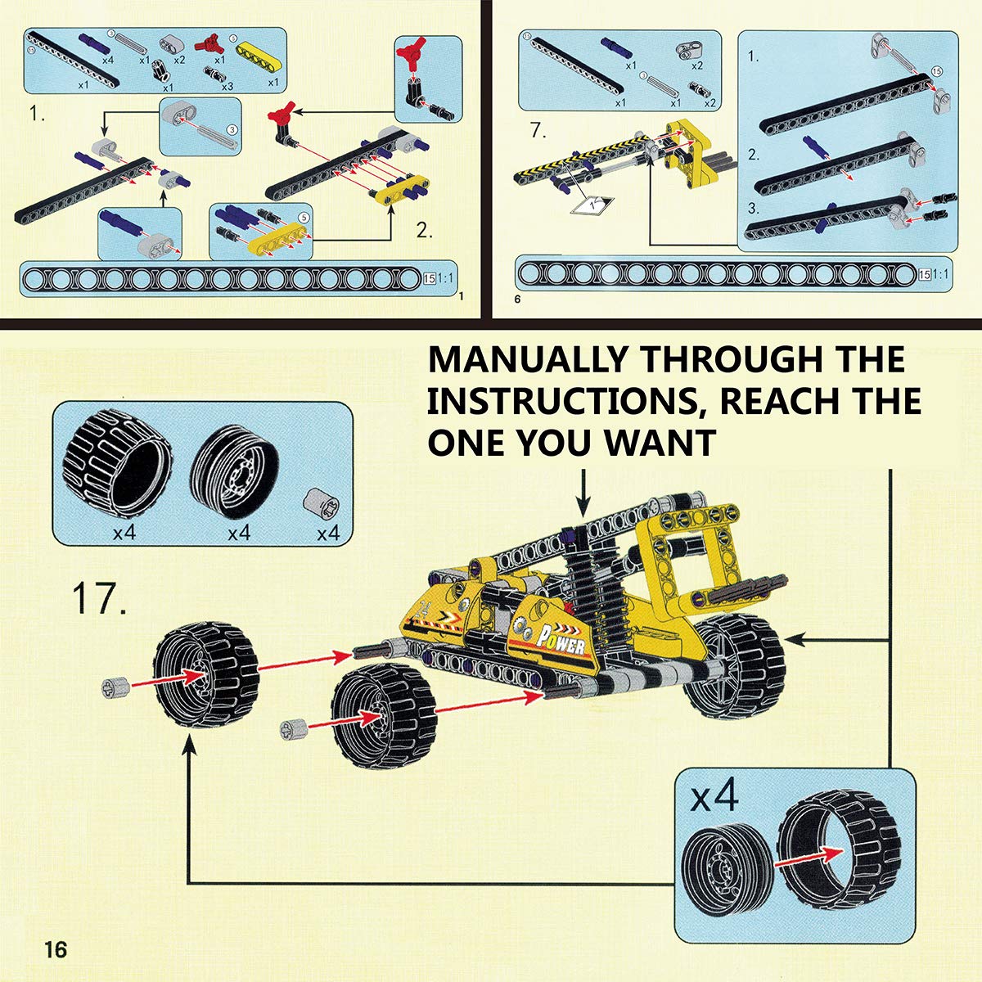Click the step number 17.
click(99, 598)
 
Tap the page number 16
click(56, 950)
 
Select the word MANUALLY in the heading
click(528, 359)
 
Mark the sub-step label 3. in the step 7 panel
click(754, 208)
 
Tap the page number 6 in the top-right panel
click(517, 300)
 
